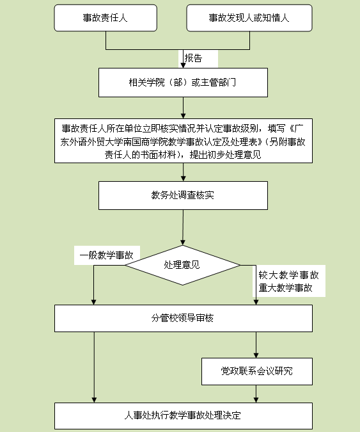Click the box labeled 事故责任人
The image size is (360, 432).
point(106,18)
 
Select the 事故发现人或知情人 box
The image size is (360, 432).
point(249,18)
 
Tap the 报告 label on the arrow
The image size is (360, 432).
point(193,58)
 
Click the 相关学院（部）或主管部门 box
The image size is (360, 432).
point(183,83)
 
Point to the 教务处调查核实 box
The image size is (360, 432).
point(183,195)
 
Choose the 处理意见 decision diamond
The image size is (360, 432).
point(182,265)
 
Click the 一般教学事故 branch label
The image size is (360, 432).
point(107,255)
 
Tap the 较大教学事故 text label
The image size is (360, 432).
point(289,275)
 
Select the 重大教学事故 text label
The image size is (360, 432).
point(286,288)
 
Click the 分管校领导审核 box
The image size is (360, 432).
point(184,318)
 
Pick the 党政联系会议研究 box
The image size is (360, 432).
point(257,371)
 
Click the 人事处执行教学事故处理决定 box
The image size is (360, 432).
point(184,416)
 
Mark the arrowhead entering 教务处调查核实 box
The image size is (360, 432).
point(184,179)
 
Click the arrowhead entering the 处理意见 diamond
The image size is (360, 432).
point(183,242)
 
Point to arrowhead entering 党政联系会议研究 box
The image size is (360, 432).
point(256,355)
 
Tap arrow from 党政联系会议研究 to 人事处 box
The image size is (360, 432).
point(256,394)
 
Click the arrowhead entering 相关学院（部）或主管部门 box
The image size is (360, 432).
point(183,65)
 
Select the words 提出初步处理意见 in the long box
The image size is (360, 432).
point(225,155)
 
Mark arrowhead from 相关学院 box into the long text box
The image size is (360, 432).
point(184,116)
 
